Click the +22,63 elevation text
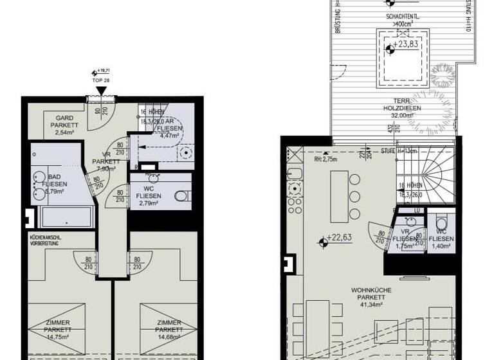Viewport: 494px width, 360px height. coord(340,238)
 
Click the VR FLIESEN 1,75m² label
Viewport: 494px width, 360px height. coord(406,238)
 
